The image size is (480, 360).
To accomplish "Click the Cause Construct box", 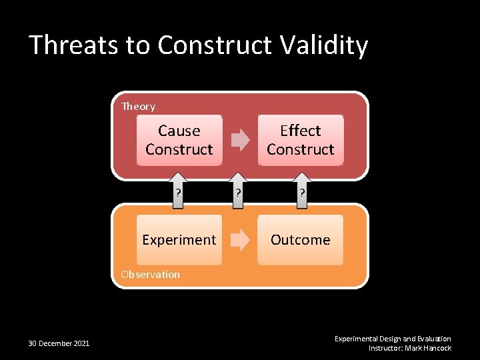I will pos(179,140).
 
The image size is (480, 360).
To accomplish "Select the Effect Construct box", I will pos(300,140).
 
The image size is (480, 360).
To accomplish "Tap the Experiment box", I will pos(179,240).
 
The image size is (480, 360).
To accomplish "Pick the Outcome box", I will pos(300,240).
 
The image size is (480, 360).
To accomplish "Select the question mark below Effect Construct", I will pos(302,193).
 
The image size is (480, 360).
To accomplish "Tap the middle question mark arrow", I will pos(235,193).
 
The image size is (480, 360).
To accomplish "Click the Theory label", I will pos(138,107).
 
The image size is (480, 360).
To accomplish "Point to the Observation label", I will pos(150,274).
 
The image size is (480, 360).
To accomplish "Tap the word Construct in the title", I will pos(214,45).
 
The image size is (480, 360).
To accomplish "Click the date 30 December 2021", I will pos(59,343).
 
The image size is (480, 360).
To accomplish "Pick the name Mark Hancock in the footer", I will pos(429,348).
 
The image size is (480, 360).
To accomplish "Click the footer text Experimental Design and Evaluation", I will pos(393,339).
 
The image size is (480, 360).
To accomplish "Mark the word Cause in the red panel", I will pos(179,131).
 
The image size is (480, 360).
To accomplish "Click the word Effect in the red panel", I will pos(300,131).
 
